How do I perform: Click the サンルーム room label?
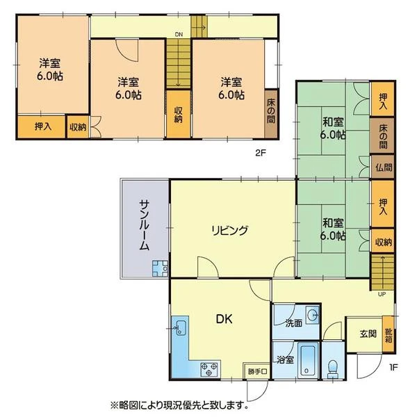(x=144, y=225)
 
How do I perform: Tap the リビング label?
(x=230, y=230)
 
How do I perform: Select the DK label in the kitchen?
(x=224, y=319)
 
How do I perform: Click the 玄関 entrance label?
(x=368, y=334)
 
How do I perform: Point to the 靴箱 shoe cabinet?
(x=389, y=334)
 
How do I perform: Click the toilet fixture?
(x=332, y=368)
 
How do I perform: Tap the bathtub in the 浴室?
(x=308, y=360)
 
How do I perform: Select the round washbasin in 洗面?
(x=313, y=316)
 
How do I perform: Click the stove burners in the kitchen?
(x=209, y=369)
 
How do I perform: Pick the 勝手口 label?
(x=257, y=371)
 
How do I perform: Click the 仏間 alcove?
(x=382, y=167)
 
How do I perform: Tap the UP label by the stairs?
(x=382, y=294)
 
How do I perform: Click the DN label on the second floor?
(x=179, y=34)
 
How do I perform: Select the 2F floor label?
(x=261, y=153)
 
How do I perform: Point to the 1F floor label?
(x=393, y=368)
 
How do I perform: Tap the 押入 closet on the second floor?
(x=42, y=126)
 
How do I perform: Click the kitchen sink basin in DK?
(x=181, y=327)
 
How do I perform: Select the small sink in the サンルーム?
(x=160, y=268)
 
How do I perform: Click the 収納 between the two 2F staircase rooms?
(x=178, y=115)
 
